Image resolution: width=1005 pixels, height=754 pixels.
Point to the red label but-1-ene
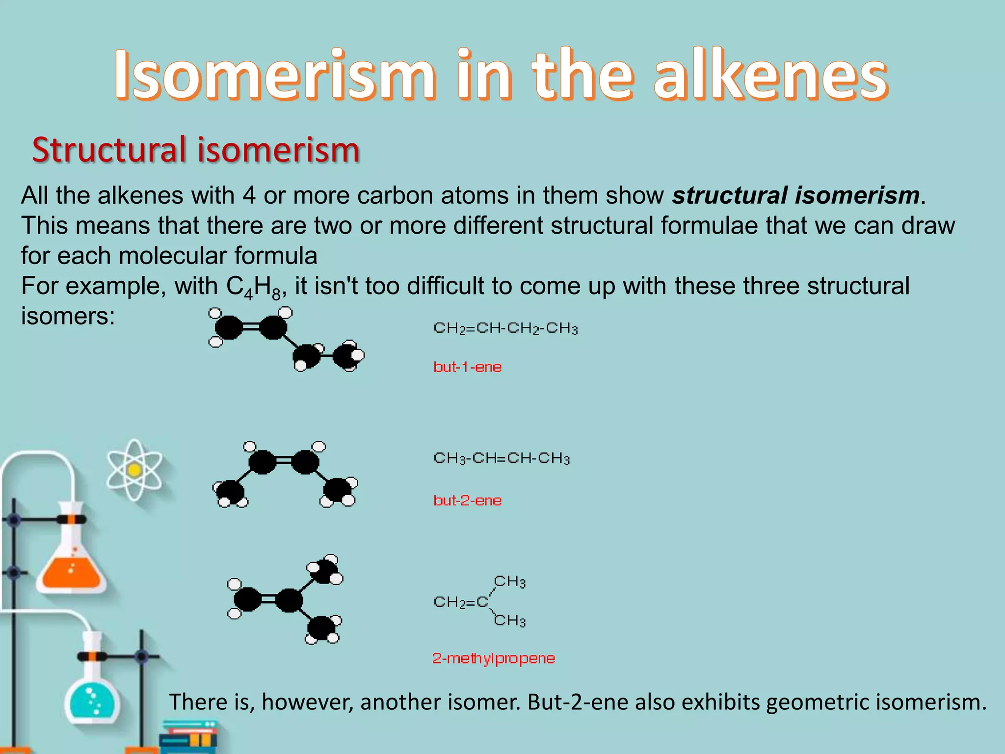pos(467,367)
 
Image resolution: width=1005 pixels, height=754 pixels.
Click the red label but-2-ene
pos(467,501)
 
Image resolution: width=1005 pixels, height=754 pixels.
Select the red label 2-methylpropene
pos(493,658)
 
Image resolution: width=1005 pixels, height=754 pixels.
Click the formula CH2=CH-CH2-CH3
pos(505,328)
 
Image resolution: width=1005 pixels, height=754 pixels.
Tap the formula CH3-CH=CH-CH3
pos(502,458)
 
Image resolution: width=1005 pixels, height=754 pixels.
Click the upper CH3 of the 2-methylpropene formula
pos(509,582)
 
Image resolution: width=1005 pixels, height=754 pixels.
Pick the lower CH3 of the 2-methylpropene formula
pos(509,621)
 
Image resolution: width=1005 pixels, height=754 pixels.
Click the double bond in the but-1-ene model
pos(251,327)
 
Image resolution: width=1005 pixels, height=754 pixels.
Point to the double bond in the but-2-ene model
pos(284,461)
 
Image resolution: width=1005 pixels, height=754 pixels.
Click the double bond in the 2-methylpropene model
pos(268,599)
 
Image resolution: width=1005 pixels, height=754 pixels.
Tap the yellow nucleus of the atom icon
pos(134,470)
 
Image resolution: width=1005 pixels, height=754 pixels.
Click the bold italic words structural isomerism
pos(795,195)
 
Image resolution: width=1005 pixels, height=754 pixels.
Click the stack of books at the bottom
pos(189,736)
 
